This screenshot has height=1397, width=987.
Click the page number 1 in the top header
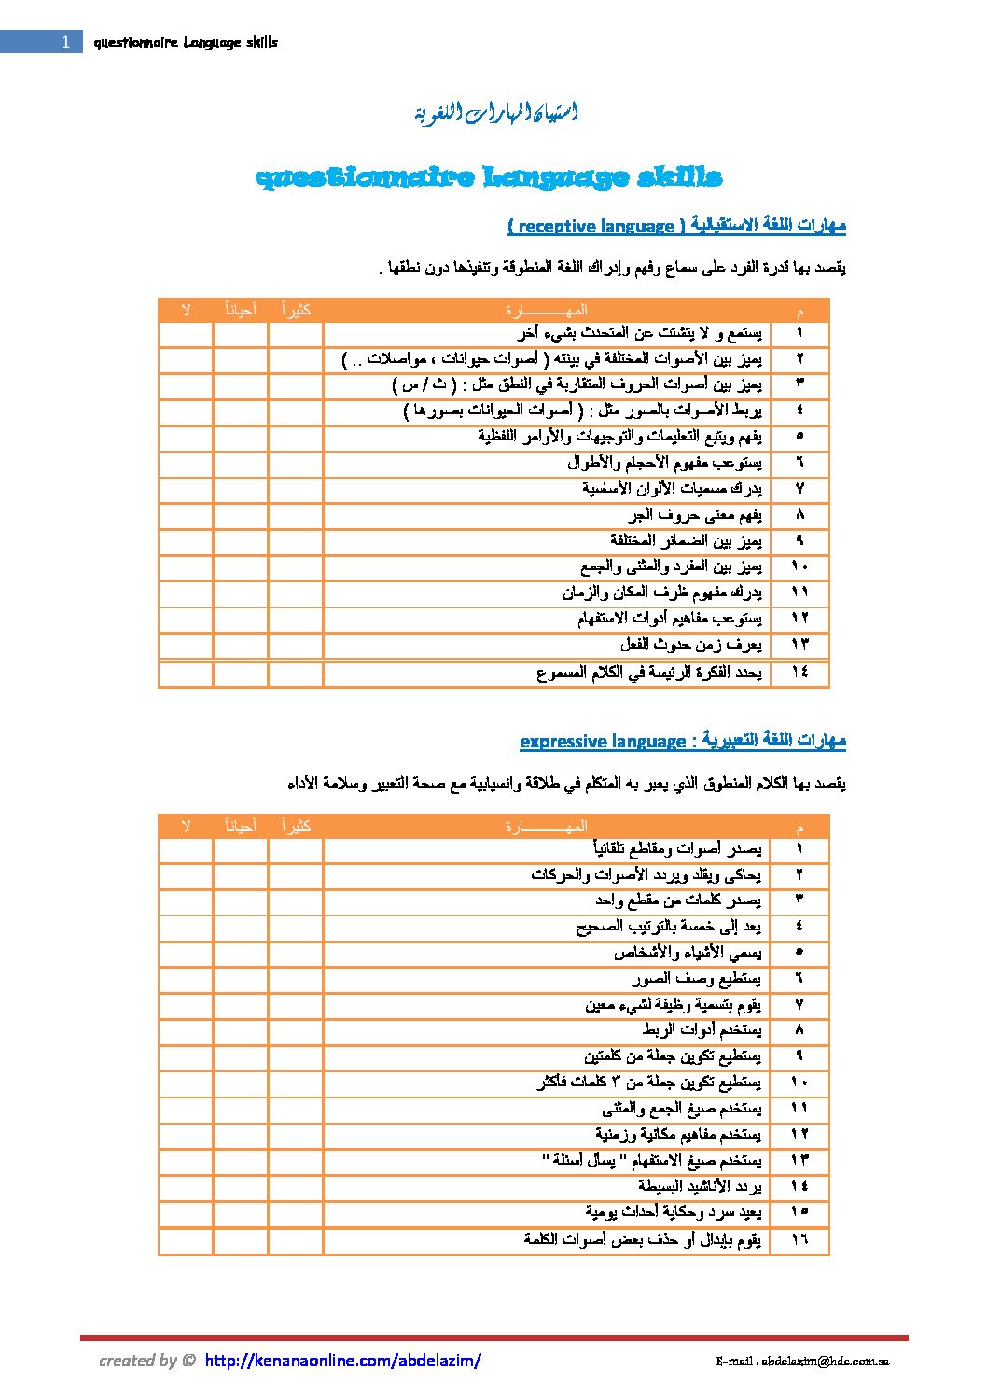[64, 42]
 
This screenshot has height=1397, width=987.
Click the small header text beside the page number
[186, 42]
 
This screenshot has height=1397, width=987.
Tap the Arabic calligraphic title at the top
[495, 114]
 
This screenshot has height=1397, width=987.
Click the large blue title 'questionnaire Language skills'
[488, 177]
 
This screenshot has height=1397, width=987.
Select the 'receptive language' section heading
[676, 226]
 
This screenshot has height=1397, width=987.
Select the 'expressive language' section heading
[682, 742]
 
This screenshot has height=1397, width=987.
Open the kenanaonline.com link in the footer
[342, 1361]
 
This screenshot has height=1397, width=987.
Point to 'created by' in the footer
[138, 1361]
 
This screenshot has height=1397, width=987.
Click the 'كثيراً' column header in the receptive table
[296, 310]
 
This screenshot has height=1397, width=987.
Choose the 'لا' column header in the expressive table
[186, 826]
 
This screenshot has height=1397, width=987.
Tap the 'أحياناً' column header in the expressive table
[241, 826]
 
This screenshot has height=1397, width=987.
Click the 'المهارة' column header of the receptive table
[547, 310]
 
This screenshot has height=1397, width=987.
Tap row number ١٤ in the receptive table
[799, 672]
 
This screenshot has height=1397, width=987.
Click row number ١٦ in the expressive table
[799, 1239]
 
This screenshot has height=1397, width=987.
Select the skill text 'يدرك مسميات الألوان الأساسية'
[672, 488]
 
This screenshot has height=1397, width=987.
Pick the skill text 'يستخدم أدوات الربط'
[702, 1030]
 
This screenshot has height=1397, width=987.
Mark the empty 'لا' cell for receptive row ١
[186, 334]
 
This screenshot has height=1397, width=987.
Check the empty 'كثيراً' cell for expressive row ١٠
[296, 1083]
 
